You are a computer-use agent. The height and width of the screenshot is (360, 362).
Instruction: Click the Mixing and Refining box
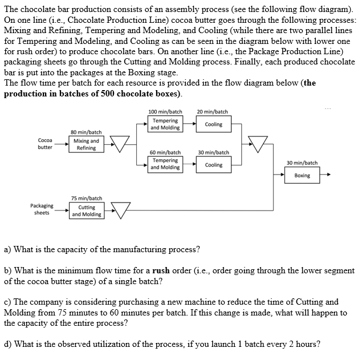[86, 144]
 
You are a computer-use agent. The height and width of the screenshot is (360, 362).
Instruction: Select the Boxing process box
[302, 175]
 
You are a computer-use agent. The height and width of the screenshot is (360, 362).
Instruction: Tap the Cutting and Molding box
[87, 211]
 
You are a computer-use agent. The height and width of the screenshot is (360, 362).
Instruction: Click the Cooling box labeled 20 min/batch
[214, 124]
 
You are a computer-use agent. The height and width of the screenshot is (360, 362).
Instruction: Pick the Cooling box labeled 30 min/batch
[214, 165]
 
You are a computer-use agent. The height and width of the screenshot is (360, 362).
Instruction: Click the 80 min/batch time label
[86, 132]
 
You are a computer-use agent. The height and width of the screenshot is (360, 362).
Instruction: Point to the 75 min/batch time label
[87, 198]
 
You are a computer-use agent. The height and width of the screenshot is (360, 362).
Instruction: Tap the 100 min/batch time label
[165, 112]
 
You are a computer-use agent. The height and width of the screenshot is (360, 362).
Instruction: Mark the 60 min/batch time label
[165, 152]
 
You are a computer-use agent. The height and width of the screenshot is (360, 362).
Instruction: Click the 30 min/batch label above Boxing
[302, 163]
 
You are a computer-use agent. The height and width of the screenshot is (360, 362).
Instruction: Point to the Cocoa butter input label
[45, 144]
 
